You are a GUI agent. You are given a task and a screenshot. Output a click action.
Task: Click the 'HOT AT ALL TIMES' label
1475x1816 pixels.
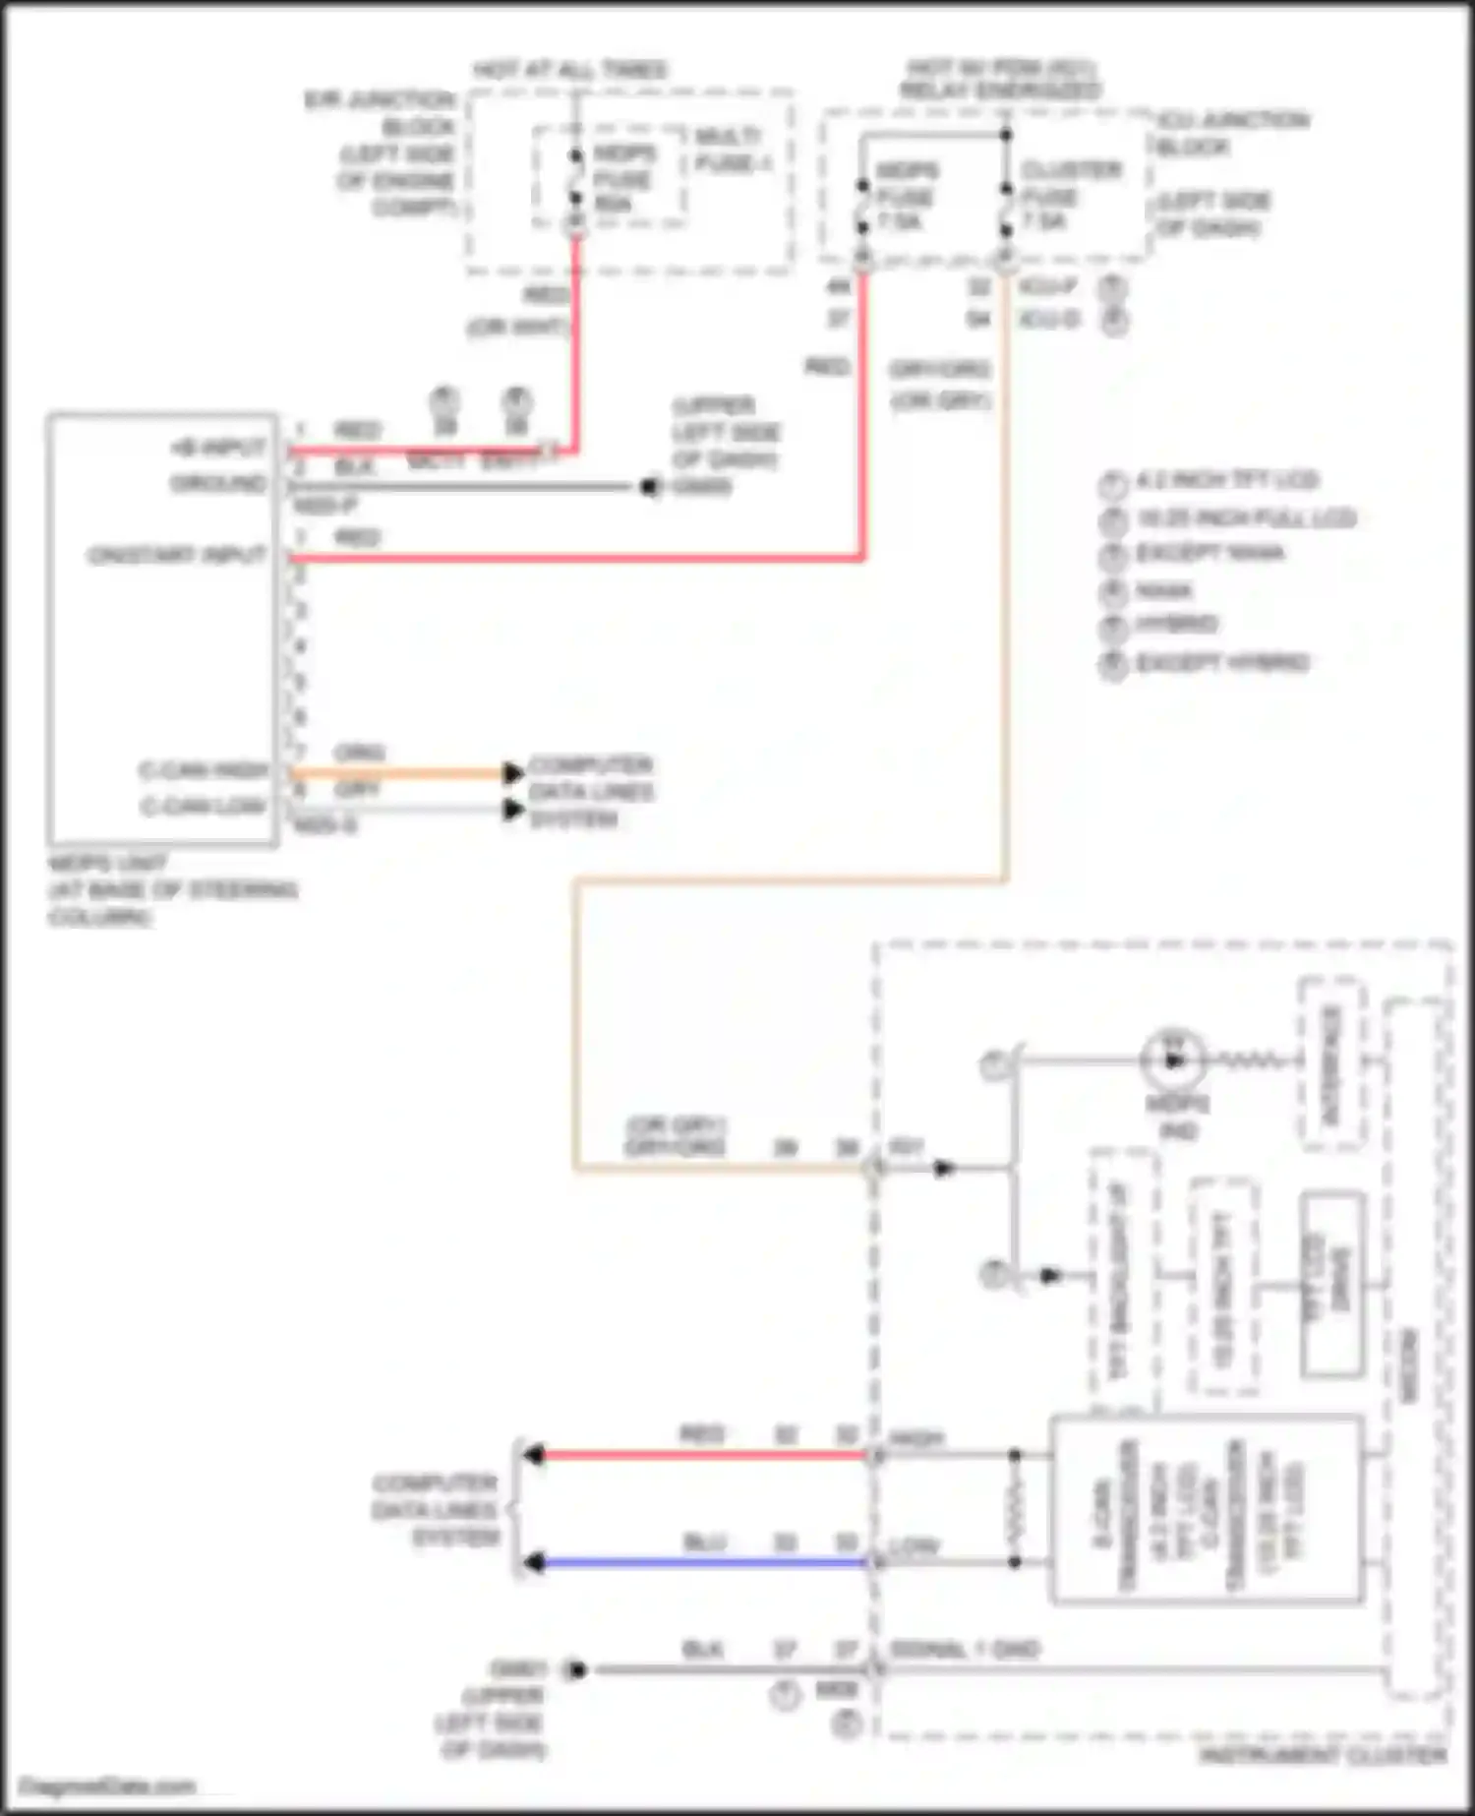[570, 70]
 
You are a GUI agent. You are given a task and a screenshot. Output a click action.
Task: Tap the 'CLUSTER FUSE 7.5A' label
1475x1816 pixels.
[1070, 195]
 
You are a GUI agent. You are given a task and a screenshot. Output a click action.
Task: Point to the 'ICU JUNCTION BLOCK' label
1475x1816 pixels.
[1232, 133]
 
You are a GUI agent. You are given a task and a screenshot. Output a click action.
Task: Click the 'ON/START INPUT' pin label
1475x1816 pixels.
[177, 556]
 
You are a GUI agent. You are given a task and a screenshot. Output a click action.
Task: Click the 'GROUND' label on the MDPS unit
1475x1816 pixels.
[218, 484]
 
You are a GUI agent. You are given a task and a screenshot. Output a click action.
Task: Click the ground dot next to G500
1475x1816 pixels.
[650, 486]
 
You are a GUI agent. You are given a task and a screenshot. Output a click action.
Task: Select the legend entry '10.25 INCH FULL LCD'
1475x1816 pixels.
[1245, 517]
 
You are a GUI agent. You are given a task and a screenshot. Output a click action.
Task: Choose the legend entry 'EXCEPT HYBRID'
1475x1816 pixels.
[1221, 662]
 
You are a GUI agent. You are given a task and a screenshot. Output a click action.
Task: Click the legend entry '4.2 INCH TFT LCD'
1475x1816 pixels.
[1226, 480]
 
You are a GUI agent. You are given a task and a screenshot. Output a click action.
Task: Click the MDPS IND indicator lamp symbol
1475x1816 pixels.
[1173, 1059]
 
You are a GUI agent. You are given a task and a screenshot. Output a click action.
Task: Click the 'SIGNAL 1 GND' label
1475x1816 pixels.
[964, 1649]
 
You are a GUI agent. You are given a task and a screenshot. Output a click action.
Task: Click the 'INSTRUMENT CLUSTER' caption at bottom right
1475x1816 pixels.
[1323, 1756]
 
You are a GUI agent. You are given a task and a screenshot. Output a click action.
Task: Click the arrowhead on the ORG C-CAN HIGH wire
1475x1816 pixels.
[513, 773]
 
